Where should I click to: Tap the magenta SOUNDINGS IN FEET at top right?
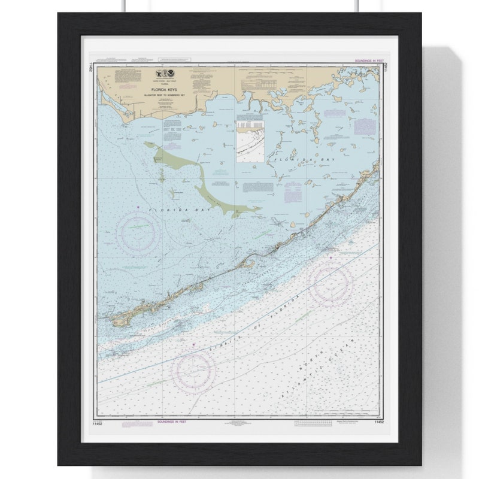click(x=367, y=61)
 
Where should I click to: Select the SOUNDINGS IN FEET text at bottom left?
click(x=172, y=422)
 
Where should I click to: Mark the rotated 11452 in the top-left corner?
click(x=91, y=66)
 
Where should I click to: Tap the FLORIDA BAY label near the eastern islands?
click(x=293, y=160)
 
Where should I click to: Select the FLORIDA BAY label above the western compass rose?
click(x=168, y=210)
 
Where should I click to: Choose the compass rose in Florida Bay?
click(x=138, y=232)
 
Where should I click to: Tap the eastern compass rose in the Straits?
click(x=331, y=284)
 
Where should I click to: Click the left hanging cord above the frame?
click(x=126, y=6)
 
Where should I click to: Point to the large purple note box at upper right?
click(x=365, y=126)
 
